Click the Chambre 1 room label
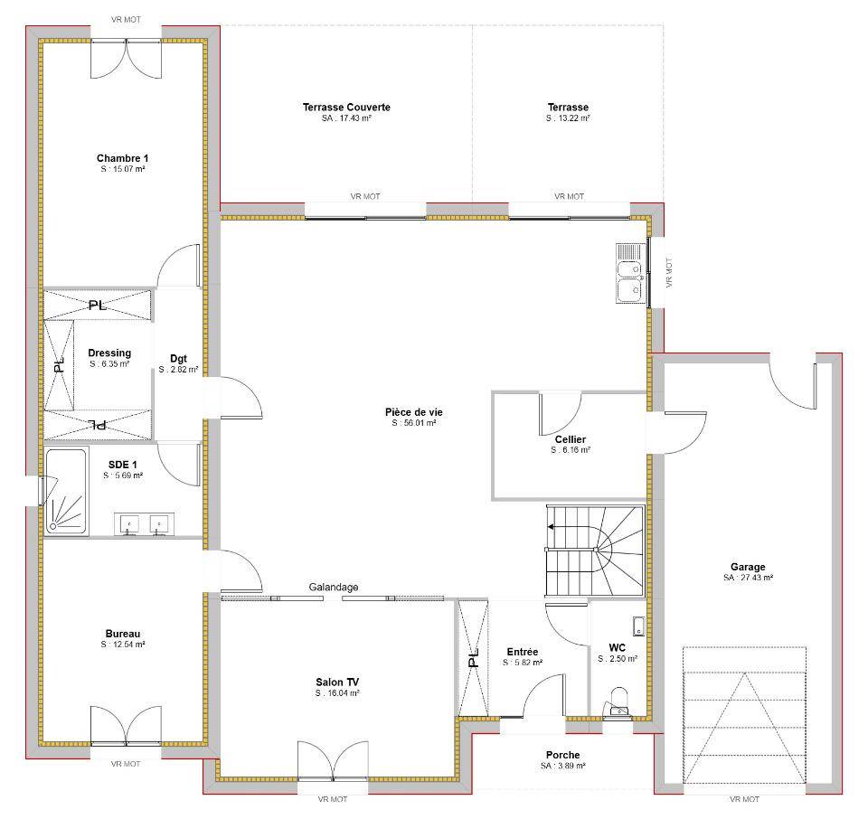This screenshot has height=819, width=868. pos(122,158)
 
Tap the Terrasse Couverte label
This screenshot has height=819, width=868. pos(346,108)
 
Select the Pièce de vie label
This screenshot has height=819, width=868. pos(414,412)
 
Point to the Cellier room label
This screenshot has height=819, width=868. pos(571,439)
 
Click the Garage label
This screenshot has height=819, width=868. pos(748,567)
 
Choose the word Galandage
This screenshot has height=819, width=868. pos(334,588)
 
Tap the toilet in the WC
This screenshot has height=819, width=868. pos(618,702)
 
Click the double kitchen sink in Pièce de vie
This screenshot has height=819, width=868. pos(630,273)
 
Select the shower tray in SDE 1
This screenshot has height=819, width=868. pos(66,492)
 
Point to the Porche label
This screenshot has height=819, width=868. pos(563,755)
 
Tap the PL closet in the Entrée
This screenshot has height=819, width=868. pos(473,658)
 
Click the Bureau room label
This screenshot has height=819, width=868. pos(123,634)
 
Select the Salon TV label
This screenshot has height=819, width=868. pos(337,682)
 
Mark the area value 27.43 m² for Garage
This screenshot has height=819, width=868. pos(748,578)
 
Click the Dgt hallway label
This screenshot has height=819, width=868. pos(178,359)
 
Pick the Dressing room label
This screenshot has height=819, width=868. pos(109,353)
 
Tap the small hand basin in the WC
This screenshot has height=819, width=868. pos(639,626)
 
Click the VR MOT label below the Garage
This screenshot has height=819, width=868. pos(744,799)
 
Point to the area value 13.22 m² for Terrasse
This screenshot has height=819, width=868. pos(568,118)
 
